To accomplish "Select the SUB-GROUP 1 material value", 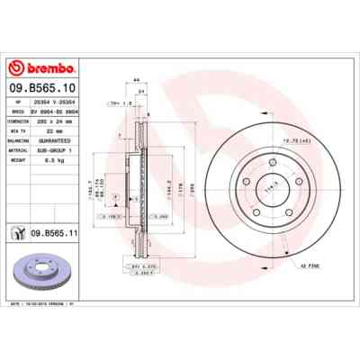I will click(71, 148).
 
